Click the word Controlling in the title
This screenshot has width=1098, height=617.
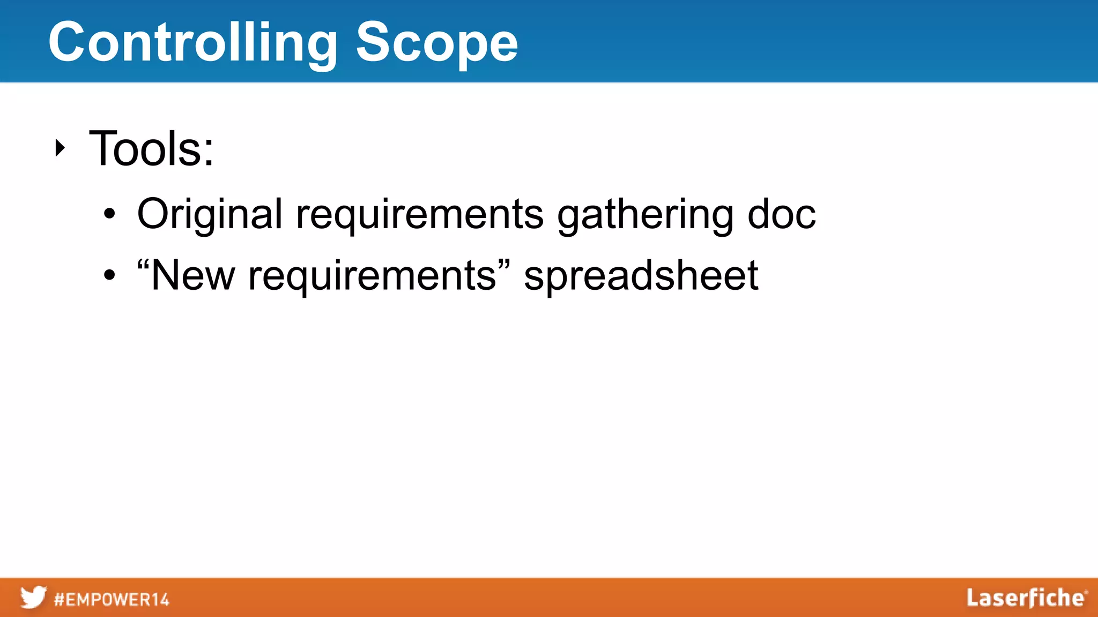[193, 43]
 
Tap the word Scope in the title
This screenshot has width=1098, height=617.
[437, 43]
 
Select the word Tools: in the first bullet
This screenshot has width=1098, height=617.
[152, 148]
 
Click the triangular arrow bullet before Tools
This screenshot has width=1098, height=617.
[60, 148]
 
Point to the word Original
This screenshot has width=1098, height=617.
[210, 214]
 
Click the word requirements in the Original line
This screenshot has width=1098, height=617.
[420, 215]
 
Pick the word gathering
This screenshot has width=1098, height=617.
[646, 215]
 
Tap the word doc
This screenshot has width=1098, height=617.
[782, 214]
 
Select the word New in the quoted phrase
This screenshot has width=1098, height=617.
[194, 275]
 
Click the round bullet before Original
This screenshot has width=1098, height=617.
[109, 215]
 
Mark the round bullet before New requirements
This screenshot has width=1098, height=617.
[109, 276]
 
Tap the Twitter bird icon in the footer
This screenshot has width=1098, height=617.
[33, 597]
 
